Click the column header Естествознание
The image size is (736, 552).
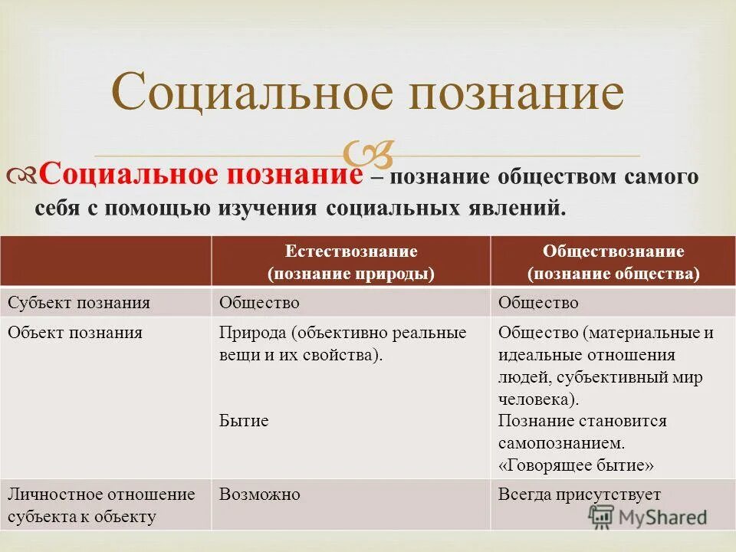350,251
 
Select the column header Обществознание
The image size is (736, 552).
613,251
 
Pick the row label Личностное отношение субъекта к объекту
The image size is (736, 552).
101,505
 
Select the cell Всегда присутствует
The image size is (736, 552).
579,495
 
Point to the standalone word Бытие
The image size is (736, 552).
244,421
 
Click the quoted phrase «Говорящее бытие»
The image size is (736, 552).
576,465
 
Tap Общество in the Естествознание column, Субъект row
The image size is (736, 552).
259,303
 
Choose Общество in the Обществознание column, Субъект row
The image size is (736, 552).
538,303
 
